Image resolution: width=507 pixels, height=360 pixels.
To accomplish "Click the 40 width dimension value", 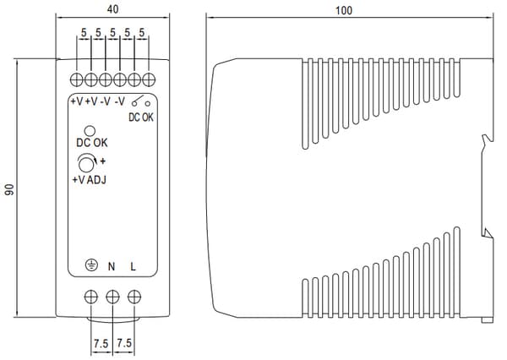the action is coord(112,9).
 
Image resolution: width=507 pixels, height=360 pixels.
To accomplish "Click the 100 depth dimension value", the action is coord(344,10).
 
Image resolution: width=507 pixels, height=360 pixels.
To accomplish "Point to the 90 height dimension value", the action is coord(9,189).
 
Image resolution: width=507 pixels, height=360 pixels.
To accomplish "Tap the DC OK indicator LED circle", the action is coord(90,131).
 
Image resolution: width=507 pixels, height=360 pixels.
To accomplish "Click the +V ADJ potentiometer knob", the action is coord(86,164).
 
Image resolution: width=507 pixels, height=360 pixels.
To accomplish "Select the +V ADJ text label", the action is coord(90,180).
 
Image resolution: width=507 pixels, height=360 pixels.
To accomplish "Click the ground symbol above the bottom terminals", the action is coord(92,265).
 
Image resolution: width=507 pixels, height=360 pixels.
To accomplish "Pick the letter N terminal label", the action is coord(112,266).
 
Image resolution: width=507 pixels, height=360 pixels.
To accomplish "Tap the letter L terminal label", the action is coord(133,266).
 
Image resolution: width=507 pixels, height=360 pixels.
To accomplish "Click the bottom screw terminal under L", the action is coord(134,297).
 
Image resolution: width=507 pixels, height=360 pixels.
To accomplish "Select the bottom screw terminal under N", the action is coord(112,297).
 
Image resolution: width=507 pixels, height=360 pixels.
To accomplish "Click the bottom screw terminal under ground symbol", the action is coord(91,297).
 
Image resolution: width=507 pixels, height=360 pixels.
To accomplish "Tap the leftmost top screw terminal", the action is coord(77,79).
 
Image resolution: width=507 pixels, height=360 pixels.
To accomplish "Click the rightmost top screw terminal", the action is coord(149,79).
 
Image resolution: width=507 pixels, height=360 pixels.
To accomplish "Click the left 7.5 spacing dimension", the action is coord(101,343).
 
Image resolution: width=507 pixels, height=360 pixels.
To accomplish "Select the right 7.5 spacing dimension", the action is coord(124,342).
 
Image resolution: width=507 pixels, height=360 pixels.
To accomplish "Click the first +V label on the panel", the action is coord(77,101).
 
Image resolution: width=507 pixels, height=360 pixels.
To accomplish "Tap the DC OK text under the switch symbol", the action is coord(141,117).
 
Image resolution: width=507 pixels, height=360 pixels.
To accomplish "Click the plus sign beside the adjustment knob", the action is coord(102,161).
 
